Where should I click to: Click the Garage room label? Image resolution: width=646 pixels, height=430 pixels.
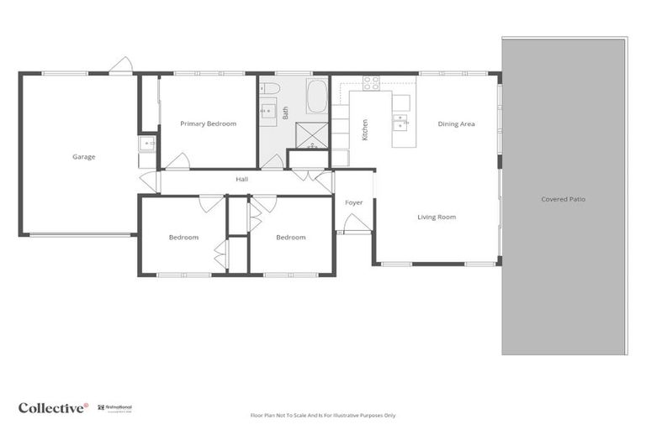[x=83, y=156]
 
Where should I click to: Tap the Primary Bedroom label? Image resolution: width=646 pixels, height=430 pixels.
[x=208, y=123]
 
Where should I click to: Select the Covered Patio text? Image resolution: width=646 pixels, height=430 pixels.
[x=563, y=199]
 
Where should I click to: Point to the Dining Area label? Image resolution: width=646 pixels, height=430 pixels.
[x=456, y=124]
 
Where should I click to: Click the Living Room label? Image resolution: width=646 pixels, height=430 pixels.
[x=437, y=217]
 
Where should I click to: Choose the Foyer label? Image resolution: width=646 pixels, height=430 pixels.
[x=353, y=202]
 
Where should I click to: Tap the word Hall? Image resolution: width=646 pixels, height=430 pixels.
[x=241, y=179]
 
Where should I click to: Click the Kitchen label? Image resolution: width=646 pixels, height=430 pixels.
[x=364, y=129]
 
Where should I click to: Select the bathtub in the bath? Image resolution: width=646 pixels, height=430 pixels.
[x=316, y=97]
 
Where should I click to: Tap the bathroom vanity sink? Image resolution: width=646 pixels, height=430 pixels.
[x=269, y=109]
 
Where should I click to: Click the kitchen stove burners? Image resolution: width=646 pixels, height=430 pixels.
[x=371, y=82]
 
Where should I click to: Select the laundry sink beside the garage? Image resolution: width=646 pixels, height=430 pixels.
[x=148, y=144]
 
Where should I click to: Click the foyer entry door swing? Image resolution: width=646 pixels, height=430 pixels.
[x=356, y=223]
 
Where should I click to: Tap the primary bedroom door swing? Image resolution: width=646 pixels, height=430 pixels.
[x=177, y=161]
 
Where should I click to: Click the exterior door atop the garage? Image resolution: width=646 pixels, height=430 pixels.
[x=121, y=65]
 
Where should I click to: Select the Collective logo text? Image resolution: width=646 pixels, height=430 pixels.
[x=52, y=408]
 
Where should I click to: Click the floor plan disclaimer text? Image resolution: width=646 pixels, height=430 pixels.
[x=323, y=415]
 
